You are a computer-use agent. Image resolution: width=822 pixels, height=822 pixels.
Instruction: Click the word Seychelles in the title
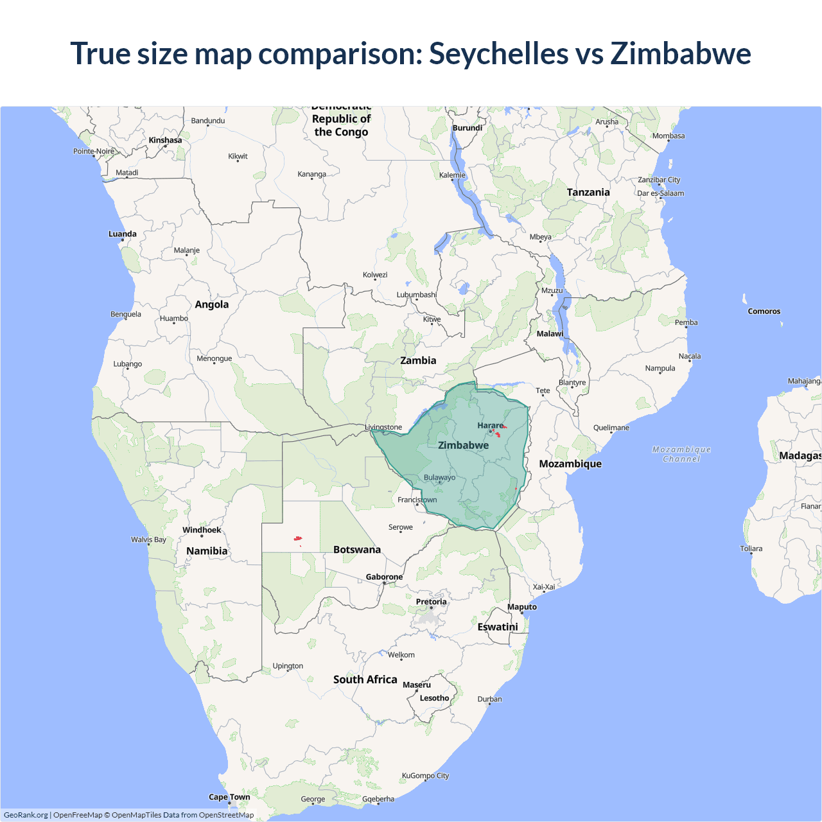498,53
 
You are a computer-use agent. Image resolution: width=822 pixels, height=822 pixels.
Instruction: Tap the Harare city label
491,425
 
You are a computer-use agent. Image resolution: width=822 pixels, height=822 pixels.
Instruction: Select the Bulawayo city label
439,477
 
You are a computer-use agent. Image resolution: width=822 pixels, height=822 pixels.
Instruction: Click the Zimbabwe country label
463,445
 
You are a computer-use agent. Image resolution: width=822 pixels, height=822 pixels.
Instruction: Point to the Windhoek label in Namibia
202,530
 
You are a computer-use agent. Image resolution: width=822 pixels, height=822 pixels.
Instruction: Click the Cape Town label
229,797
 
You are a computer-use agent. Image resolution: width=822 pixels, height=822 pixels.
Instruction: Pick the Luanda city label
122,234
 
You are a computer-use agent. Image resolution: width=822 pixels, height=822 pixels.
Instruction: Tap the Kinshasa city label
165,140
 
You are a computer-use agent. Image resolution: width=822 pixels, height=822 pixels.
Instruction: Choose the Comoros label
764,311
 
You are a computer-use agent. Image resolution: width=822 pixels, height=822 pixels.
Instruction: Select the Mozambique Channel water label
681,454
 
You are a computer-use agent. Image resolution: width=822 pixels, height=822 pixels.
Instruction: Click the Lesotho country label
434,698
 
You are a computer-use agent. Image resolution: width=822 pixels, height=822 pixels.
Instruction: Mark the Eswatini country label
497,627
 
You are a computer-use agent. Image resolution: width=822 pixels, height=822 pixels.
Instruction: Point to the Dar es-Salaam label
660,193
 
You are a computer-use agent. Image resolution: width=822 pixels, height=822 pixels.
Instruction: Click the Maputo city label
521,607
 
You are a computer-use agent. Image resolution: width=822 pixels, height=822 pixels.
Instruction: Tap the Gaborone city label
384,577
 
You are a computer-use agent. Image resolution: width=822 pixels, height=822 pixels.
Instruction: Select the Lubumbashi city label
416,295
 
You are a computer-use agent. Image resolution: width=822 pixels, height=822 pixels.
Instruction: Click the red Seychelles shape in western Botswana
298,538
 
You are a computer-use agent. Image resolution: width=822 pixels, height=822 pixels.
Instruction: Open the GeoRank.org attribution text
26,815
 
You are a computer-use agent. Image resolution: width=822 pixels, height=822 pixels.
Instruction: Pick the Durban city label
489,699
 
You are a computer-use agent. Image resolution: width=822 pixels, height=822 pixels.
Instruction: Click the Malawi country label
550,334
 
